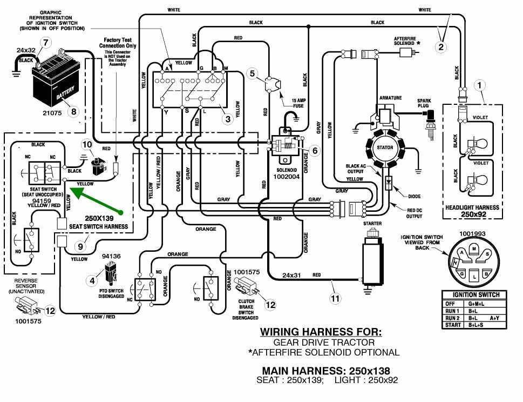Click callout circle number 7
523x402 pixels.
(46, 42)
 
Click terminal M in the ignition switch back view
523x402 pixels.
(473, 247)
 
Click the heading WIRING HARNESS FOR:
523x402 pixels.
(321, 331)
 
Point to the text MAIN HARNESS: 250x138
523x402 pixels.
(326, 371)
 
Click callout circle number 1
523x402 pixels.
(480, 85)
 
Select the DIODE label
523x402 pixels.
(415, 197)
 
